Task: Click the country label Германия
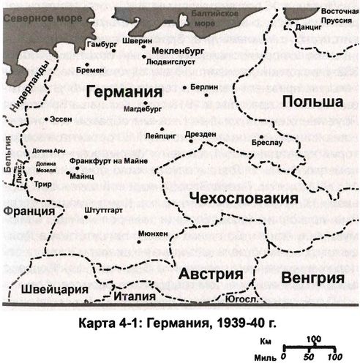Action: click(122, 93)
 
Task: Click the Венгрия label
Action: click(312, 278)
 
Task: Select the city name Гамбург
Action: click(102, 43)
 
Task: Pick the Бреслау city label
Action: click(269, 144)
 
